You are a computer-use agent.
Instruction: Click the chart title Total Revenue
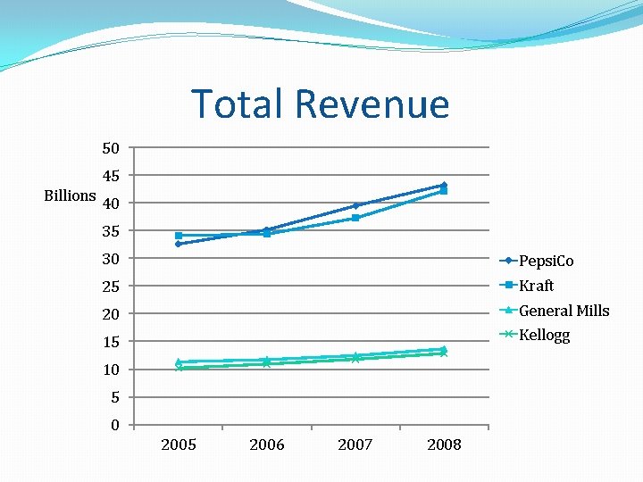[x=320, y=104]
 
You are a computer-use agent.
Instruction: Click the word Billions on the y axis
[x=70, y=195]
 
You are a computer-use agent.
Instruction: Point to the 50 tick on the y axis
[x=110, y=147]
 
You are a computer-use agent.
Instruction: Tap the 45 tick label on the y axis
[x=110, y=176]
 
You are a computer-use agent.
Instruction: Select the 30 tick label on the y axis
[x=110, y=259]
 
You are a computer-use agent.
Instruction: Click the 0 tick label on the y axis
[x=115, y=426]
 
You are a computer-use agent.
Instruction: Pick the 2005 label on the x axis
[x=179, y=445]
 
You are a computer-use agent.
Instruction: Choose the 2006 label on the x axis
[x=267, y=445]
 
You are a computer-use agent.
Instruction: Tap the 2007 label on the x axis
[x=355, y=445]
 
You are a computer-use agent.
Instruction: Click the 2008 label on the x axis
[x=444, y=445]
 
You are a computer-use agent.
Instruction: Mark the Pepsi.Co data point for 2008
[x=444, y=186]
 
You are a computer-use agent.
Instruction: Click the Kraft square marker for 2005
[x=179, y=236]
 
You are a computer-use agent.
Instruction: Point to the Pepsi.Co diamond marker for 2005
[x=179, y=244]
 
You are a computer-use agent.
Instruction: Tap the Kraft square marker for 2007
[x=355, y=218]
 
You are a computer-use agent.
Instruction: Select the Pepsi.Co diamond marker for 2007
[x=355, y=205]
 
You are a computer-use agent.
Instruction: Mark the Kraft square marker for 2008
[x=444, y=191]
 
